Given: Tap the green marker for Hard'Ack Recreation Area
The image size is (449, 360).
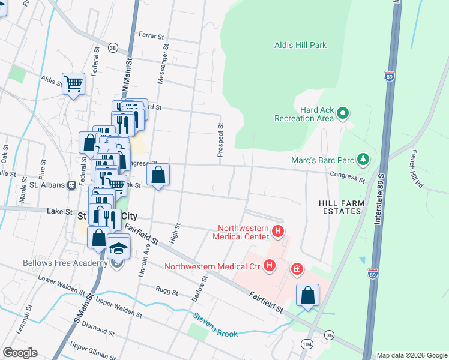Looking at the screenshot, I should tap(343, 113).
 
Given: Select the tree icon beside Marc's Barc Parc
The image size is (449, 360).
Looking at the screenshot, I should tap(363, 159).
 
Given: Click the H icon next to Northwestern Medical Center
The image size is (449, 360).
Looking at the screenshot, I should tap(277, 231).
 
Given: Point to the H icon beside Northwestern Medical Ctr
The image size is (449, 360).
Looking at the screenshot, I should tap(270, 265).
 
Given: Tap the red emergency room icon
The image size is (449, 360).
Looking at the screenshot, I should tap(297, 269).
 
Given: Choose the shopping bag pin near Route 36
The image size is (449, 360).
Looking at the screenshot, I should tap(307, 295).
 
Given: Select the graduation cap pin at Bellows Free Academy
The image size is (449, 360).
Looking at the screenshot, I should tap(118, 248).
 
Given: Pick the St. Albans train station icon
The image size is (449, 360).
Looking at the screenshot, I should tap(71, 185).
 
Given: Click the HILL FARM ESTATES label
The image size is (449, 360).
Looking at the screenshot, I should tap(340, 208).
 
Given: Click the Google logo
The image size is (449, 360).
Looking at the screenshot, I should tap(20, 353).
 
